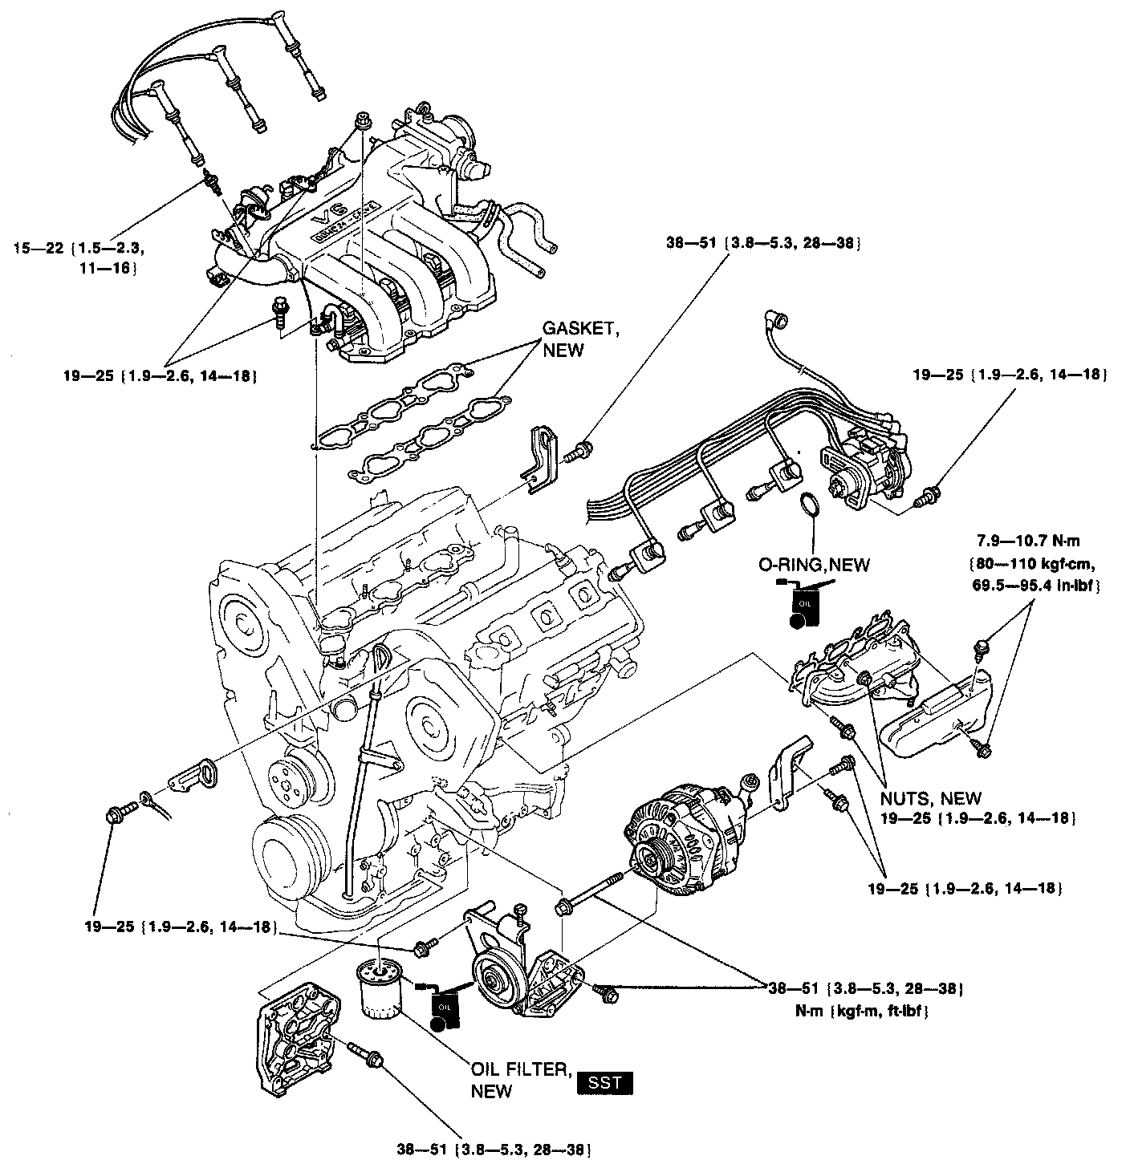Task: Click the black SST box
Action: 604,1083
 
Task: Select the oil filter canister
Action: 382,991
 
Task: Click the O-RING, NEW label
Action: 814,564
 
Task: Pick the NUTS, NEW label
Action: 930,798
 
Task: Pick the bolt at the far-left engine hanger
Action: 115,816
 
